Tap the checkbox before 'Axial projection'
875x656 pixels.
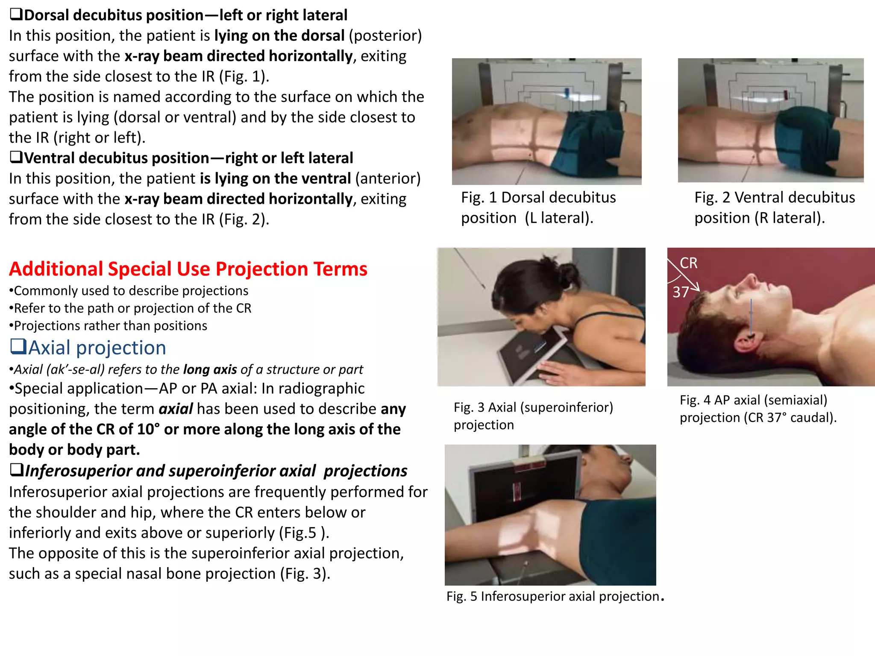point(18,346)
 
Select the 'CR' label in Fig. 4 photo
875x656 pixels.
point(688,263)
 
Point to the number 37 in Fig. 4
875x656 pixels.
point(681,292)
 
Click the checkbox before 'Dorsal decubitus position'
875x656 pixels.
point(16,15)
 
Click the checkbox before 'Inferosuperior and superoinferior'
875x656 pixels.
point(16,470)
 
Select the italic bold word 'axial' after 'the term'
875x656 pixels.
point(176,409)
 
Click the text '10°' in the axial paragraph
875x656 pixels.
point(148,429)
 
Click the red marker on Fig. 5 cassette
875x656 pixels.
point(517,491)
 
